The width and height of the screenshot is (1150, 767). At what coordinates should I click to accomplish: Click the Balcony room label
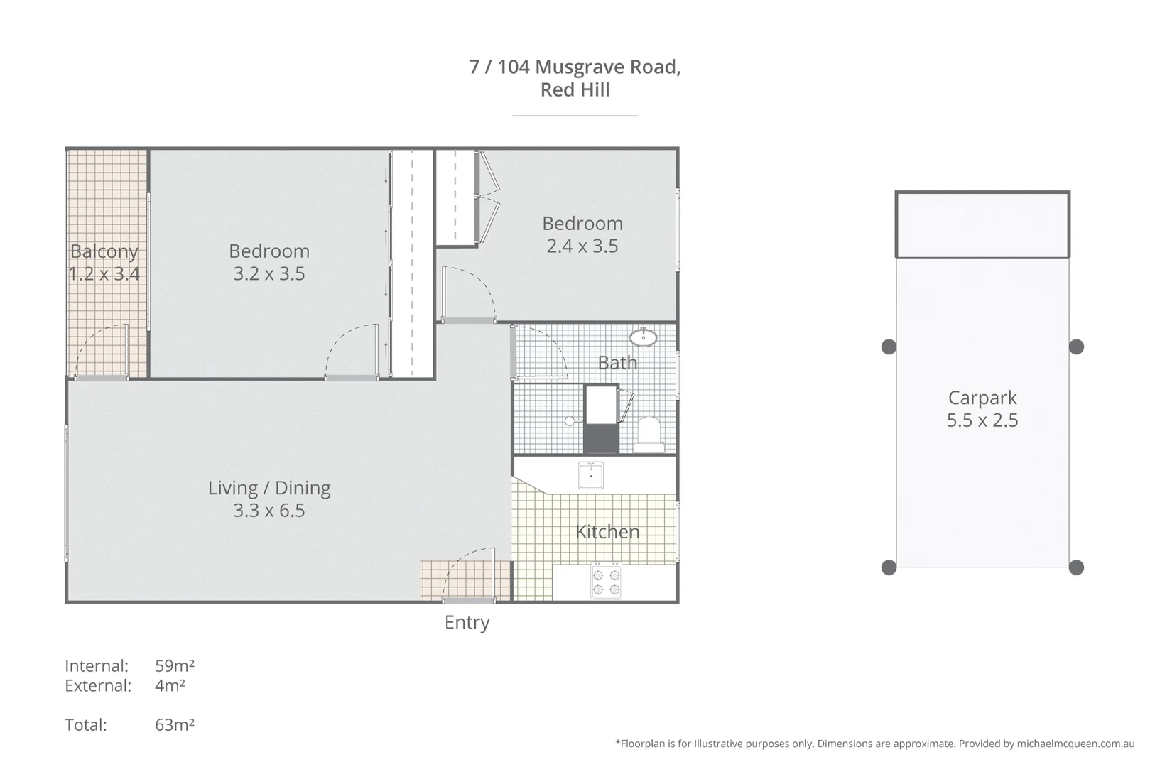[x=104, y=251]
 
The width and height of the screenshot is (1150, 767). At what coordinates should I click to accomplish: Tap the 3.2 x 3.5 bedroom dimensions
[x=268, y=273]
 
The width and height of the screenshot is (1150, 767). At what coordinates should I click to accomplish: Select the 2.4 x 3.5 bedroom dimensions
[x=582, y=246]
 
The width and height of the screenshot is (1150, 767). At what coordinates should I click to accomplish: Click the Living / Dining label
[x=269, y=488]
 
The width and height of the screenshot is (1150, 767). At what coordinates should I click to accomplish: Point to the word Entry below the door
[x=467, y=622]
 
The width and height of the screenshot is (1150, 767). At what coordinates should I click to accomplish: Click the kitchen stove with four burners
[x=606, y=581]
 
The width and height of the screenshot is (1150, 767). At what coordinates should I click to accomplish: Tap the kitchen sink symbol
[x=591, y=475]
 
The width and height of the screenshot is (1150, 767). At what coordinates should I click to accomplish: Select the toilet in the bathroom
[x=649, y=434]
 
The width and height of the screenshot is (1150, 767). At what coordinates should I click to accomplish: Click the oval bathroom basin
[x=643, y=337]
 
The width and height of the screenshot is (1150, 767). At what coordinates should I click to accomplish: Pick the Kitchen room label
[x=607, y=532]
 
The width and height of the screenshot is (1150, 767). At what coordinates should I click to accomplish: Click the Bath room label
[x=617, y=363]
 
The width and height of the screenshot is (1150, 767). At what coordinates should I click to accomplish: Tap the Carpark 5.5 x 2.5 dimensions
[x=982, y=420]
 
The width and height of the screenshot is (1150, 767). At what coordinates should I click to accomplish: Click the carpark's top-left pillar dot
[x=889, y=347]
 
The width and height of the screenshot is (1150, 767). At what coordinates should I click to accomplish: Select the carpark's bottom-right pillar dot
[x=1076, y=567]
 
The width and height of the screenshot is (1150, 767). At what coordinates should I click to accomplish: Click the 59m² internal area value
[x=175, y=665]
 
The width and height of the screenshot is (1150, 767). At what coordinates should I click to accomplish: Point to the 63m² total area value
[x=175, y=724]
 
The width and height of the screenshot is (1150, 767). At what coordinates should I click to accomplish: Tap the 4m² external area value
[x=170, y=685]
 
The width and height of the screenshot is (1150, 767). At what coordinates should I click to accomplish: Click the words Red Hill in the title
[x=575, y=89]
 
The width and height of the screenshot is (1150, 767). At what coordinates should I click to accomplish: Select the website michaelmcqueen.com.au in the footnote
[x=1075, y=744]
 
